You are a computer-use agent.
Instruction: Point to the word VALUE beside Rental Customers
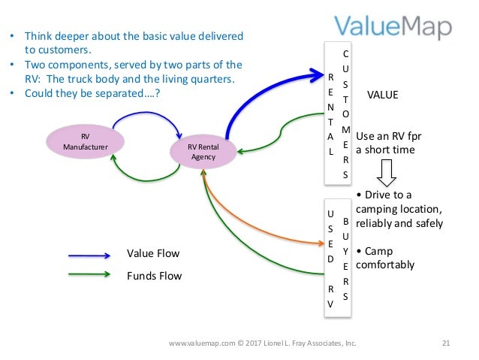pos(382,95)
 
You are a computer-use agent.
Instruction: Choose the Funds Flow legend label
pos(154,276)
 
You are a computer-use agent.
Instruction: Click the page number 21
pos(445,344)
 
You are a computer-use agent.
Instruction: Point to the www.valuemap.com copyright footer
pos(262,344)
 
